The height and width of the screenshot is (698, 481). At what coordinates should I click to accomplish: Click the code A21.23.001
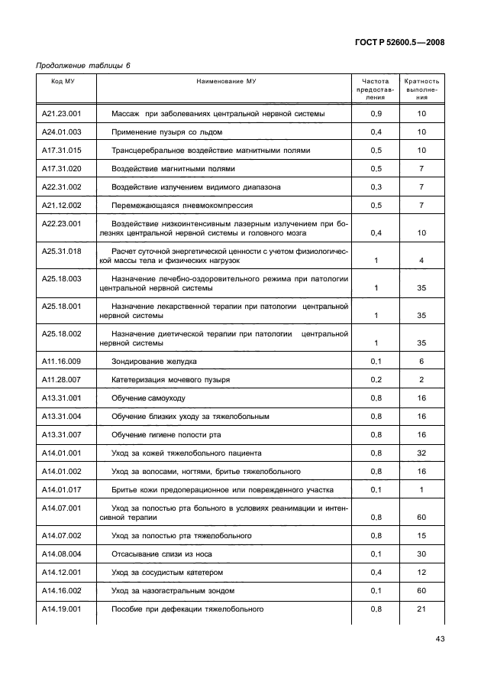coord(63,113)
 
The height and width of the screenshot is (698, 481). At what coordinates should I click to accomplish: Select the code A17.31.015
coord(63,150)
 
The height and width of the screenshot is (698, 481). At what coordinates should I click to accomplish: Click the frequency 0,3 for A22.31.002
coord(376,187)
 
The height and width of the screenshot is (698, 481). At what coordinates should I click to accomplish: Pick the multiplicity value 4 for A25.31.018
coord(421,261)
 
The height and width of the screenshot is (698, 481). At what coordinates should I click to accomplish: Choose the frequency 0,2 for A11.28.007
coord(376,379)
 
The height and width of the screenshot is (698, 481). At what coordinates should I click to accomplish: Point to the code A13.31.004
coord(63,417)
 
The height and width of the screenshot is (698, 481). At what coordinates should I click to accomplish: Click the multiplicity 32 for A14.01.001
coord(421,453)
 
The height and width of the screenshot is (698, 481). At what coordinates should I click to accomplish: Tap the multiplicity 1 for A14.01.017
coord(421,491)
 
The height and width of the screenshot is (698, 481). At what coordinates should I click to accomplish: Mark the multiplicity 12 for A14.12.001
coord(421,572)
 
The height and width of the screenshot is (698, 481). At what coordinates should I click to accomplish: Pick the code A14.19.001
coord(63,609)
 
